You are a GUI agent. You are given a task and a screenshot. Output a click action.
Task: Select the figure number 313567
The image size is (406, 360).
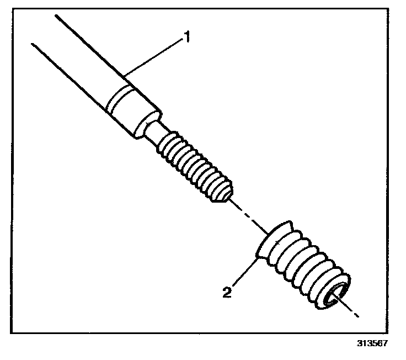[372, 343]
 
